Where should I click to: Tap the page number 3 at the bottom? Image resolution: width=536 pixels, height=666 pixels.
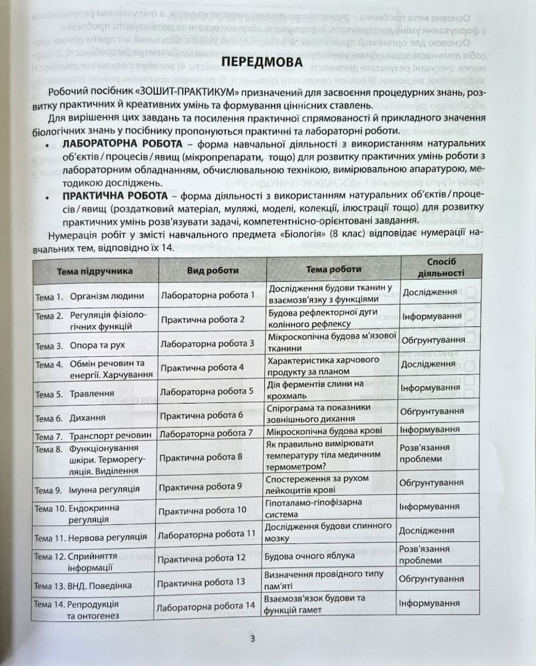click(252, 640)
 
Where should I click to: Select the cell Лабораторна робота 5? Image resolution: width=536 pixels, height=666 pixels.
click(207, 391)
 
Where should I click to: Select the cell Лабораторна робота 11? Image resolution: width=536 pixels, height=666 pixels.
click(208, 533)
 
